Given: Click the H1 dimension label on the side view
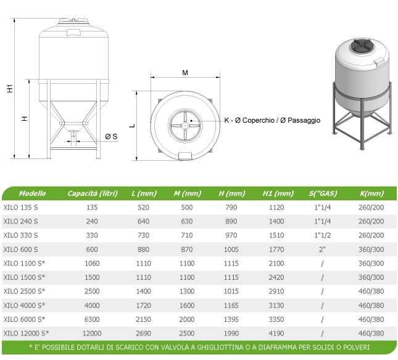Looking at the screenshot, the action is pos(10,88).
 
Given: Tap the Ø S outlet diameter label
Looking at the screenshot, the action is pos(111,136).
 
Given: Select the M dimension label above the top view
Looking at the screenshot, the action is pos(185,73).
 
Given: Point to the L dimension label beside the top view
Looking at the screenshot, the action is pos(132,126).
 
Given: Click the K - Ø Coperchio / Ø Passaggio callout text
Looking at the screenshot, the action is pos(272,120).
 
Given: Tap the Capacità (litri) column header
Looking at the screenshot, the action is pos(93,194).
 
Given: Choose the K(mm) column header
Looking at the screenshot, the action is pos(371,194).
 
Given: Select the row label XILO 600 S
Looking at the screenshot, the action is pos(20,250).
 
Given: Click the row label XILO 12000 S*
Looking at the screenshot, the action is pos(26,333).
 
